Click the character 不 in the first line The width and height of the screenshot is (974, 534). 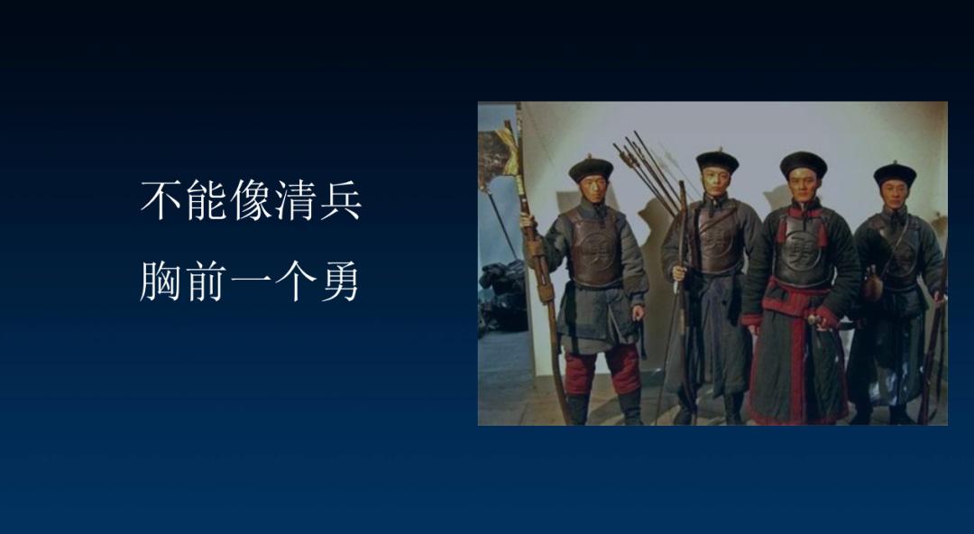pos(161,200)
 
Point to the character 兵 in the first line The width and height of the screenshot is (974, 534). pos(341,200)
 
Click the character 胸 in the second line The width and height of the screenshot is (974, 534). pos(161,281)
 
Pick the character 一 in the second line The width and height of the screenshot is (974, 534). pos(251,282)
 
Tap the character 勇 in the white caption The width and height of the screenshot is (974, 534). pos(340,281)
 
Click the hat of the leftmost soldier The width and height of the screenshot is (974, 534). pos(591,169)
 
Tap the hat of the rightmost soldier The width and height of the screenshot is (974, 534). pos(896,175)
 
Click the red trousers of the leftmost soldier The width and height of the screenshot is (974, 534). pos(602,370)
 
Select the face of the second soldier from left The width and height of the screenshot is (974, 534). pos(716,183)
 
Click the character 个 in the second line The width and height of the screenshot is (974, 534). pos(296,281)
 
